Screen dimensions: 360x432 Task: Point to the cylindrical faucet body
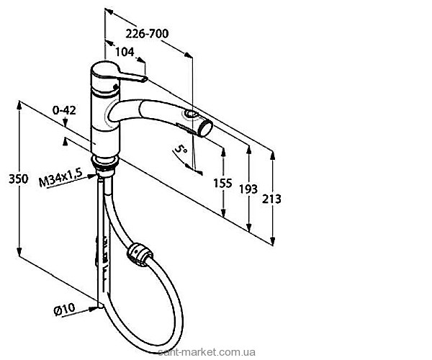[x=103, y=115]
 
